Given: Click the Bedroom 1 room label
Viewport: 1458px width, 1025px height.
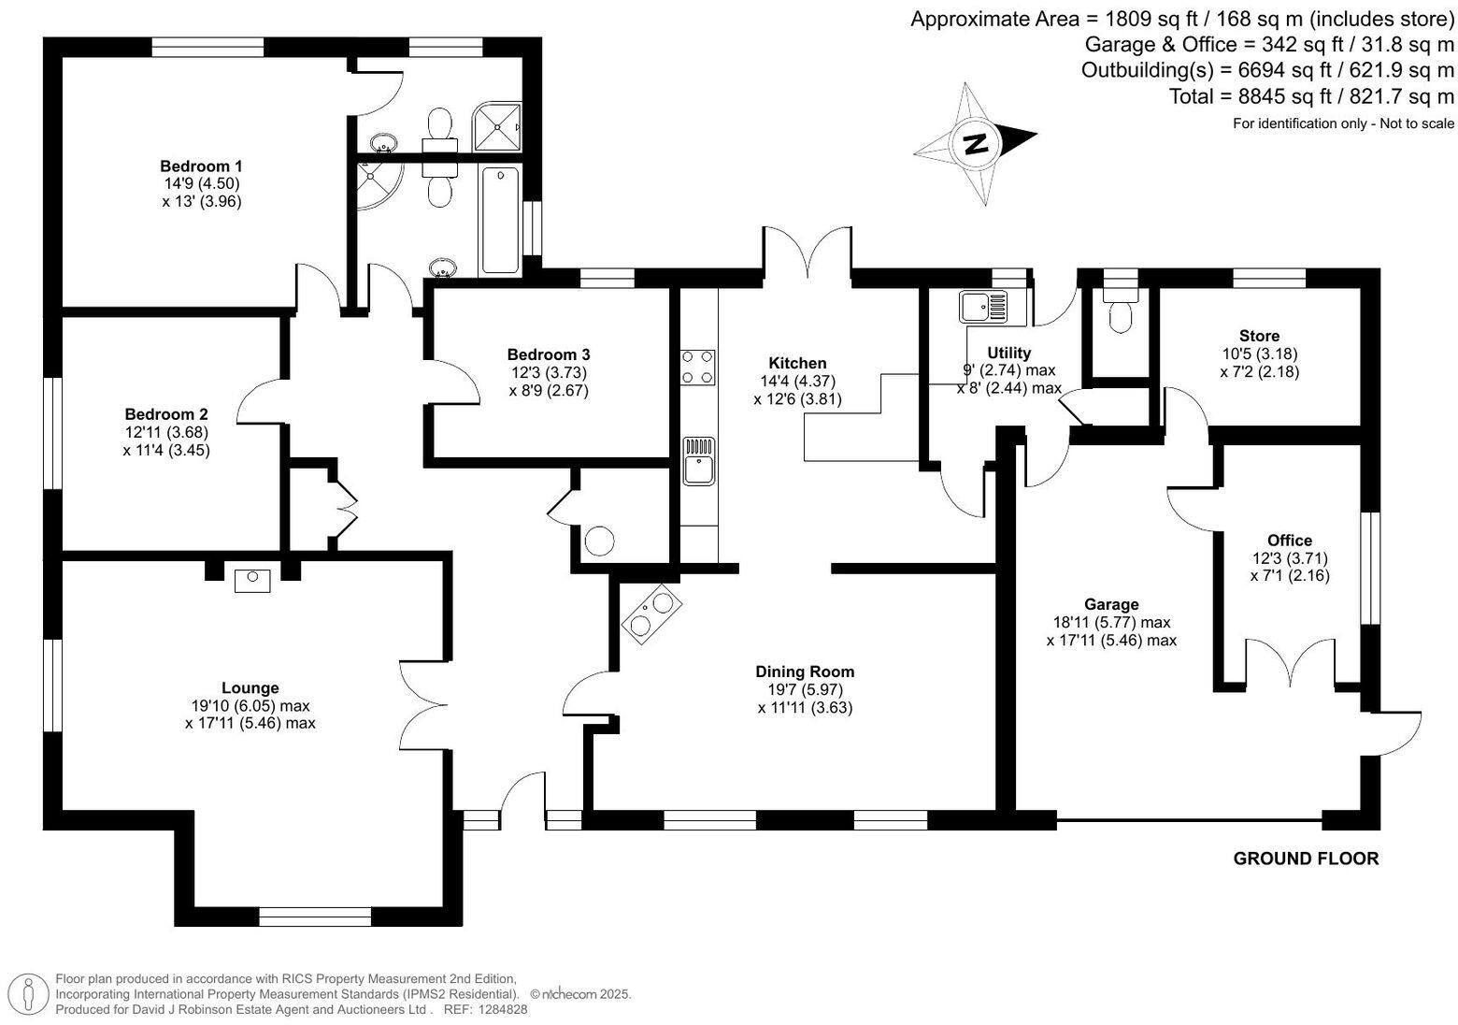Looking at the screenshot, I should click(201, 166).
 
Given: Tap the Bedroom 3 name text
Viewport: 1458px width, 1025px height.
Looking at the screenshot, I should click(548, 354).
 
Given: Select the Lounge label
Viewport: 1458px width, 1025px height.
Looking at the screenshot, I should click(250, 688).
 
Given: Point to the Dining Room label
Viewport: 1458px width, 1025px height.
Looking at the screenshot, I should click(805, 671).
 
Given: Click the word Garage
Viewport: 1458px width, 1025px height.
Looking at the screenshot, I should click(1111, 604).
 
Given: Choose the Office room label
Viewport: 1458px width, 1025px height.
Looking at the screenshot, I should click(1289, 540).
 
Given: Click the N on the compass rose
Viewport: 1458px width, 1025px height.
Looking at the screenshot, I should click(976, 143).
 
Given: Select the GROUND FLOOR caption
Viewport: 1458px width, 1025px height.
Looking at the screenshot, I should click(1306, 859).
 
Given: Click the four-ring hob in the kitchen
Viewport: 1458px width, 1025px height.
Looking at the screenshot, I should click(698, 367).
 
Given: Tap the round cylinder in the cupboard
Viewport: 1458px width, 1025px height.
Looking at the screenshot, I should click(599, 541).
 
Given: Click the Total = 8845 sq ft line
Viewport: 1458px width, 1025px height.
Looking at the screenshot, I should click(1311, 96).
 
